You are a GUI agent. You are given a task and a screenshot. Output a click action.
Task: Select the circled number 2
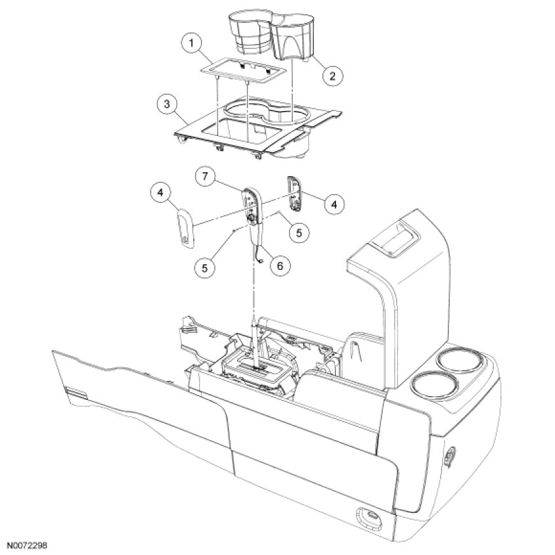(330, 75)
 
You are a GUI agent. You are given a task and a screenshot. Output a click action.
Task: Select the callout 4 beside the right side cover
(332, 204)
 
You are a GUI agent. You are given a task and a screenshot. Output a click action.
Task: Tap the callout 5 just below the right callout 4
(299, 233)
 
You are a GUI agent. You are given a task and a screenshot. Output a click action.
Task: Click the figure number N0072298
(28, 547)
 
